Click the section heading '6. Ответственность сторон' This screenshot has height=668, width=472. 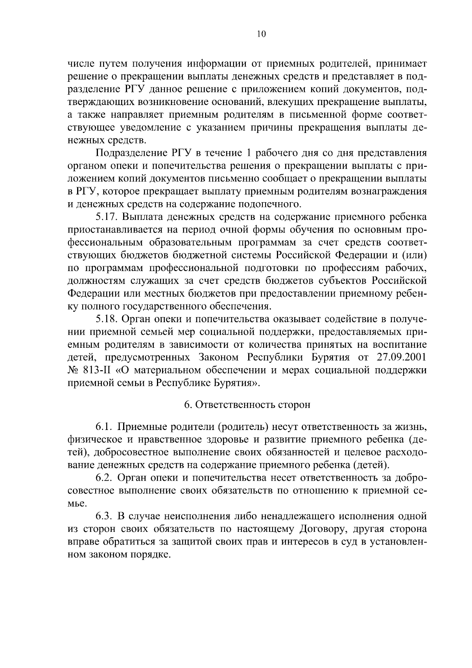[247, 405]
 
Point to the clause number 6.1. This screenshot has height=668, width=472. [104, 427]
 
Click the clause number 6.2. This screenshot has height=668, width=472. [104, 478]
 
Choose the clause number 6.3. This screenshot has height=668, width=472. [104, 516]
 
